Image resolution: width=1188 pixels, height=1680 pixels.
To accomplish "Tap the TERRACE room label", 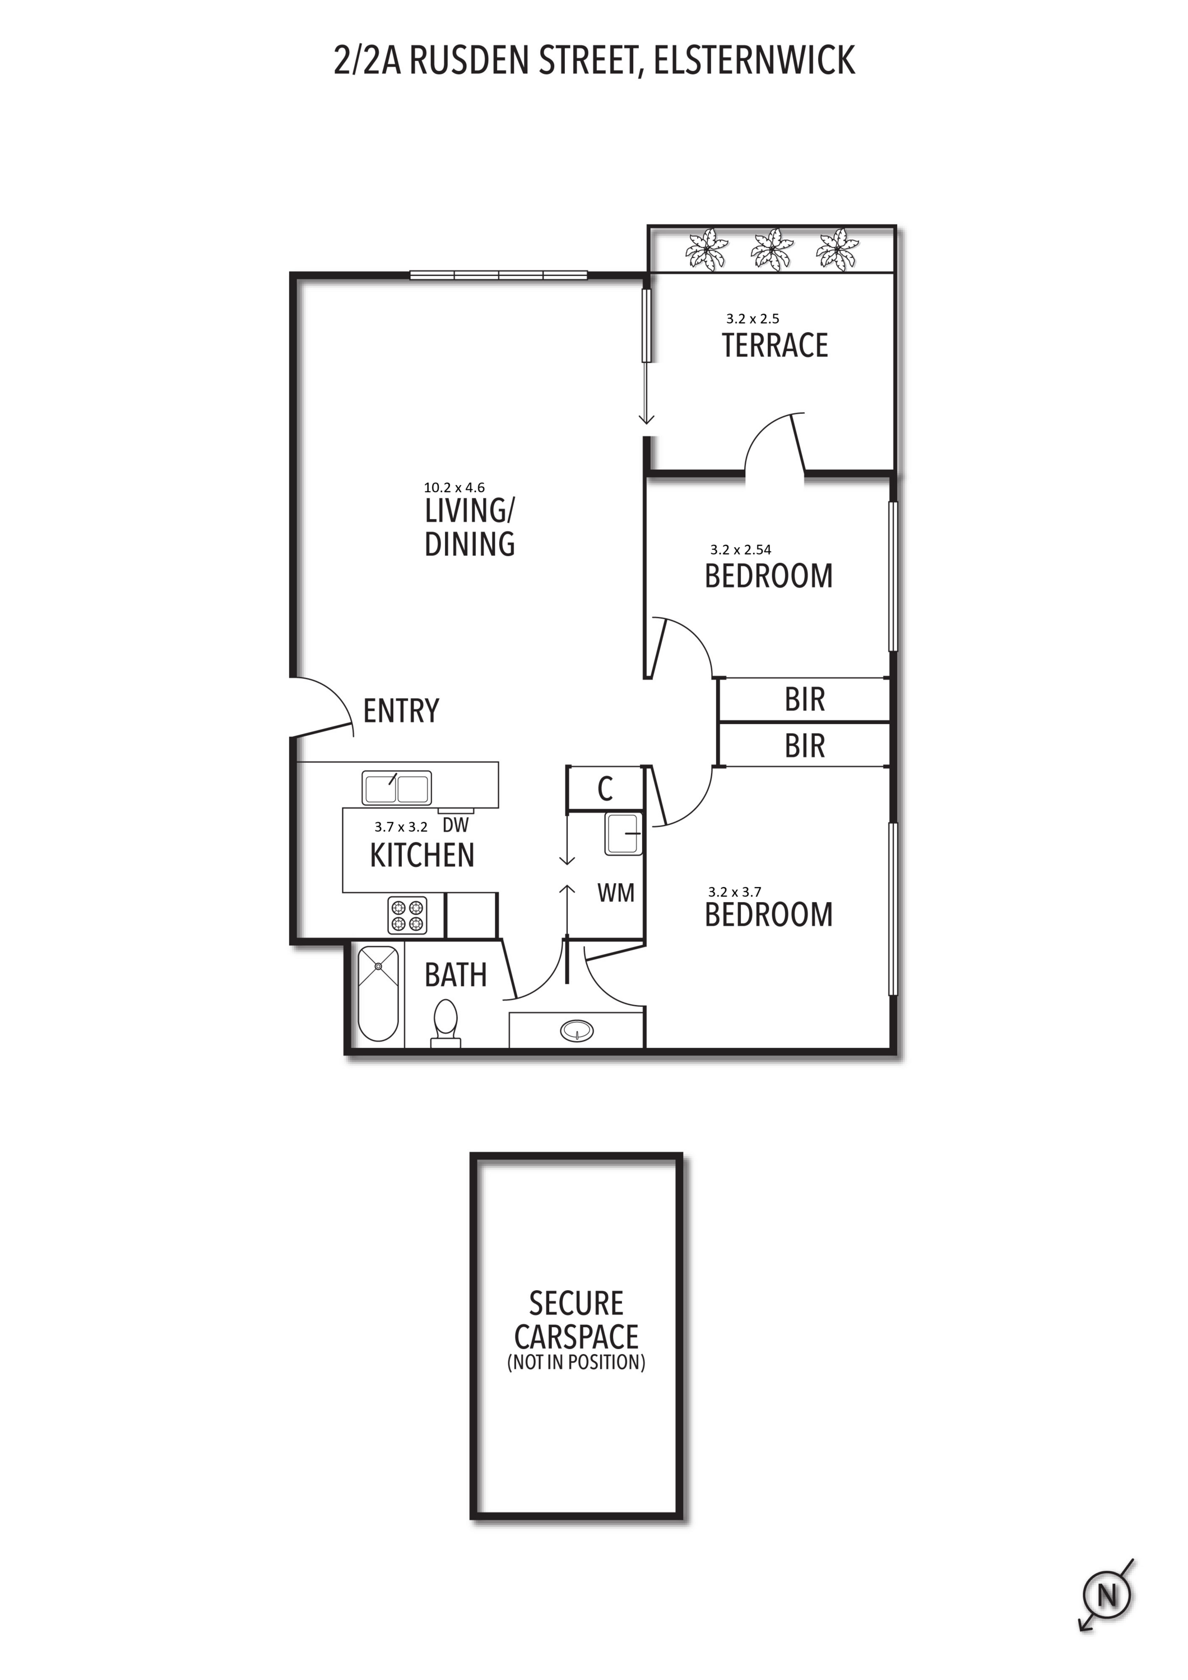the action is click(x=774, y=346).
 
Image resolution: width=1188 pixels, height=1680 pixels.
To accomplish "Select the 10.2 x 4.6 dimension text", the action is click(x=454, y=487).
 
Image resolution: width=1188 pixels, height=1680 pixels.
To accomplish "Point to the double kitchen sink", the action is click(x=397, y=788).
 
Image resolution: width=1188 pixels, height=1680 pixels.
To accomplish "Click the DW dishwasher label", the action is click(x=455, y=825).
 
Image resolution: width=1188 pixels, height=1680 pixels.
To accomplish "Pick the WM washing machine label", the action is click(x=616, y=893).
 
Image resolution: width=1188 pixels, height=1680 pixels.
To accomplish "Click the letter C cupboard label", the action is click(x=605, y=789).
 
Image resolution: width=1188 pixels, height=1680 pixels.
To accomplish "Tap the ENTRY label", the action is click(x=401, y=711).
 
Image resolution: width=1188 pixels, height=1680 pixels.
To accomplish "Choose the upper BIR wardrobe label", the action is click(x=805, y=699).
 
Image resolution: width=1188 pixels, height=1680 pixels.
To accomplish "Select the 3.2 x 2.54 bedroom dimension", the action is click(x=741, y=549).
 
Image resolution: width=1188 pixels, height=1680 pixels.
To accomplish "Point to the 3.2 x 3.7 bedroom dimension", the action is click(x=735, y=892).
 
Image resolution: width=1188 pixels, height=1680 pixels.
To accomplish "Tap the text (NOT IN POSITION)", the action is click(x=577, y=1362).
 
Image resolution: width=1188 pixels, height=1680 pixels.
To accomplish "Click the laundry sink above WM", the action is click(x=623, y=834).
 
